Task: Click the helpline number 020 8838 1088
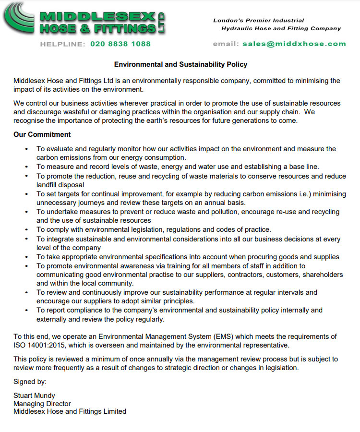tap(120, 44)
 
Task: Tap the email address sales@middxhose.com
tap(294, 44)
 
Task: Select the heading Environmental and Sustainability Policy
tap(180, 64)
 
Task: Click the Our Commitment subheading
tap(42, 134)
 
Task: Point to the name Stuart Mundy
tap(34, 396)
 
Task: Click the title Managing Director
tap(42, 404)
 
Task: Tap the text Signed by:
tap(30, 382)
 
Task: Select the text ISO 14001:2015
tap(36, 345)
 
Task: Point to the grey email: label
tap(226, 44)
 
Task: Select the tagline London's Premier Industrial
tap(259, 20)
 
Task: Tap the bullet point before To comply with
tap(26, 229)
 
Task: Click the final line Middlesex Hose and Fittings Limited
tap(70, 411)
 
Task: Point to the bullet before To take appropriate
tap(26, 257)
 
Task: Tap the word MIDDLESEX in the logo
tap(98, 16)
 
